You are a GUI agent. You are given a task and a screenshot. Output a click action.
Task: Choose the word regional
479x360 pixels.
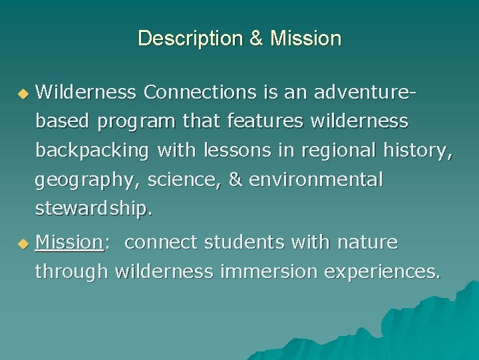pyautogui.click(x=339, y=151)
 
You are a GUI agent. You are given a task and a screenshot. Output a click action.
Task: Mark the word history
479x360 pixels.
pyautogui.click(x=418, y=151)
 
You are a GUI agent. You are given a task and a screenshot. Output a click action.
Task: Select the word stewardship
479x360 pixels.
pyautogui.click(x=94, y=209)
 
